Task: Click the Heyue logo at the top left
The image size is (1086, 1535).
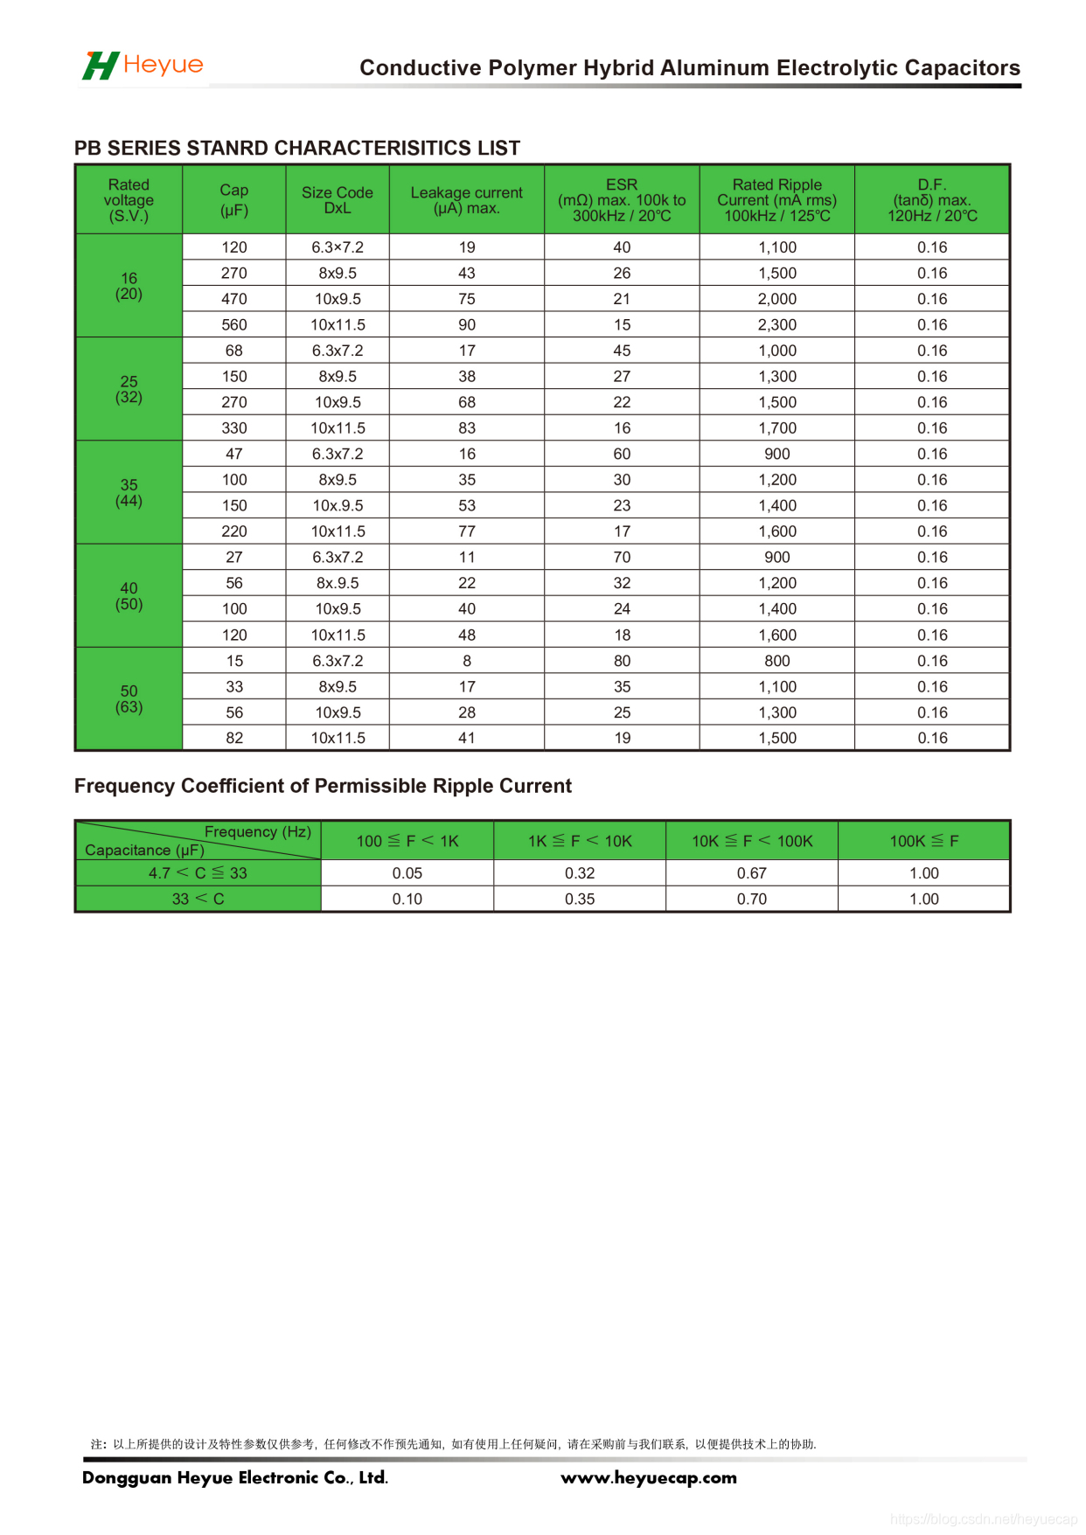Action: [x=143, y=66]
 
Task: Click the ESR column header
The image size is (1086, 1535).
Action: [x=622, y=200]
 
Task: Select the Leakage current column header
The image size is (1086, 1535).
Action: [x=466, y=200]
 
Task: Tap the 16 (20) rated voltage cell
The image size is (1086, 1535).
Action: [x=129, y=286]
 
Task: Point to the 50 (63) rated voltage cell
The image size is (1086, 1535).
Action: [x=129, y=698]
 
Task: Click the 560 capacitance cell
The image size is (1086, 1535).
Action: [x=234, y=325]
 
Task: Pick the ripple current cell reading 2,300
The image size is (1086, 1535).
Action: [x=776, y=325]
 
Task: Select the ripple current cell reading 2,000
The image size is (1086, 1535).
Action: [x=776, y=299]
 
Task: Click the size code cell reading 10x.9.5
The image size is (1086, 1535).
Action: [x=338, y=505]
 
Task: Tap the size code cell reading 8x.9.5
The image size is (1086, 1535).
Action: [x=338, y=583]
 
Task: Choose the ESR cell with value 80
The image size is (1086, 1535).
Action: [x=622, y=661]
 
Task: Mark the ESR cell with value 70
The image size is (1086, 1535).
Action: [x=622, y=557]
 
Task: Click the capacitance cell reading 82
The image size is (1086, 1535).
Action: [x=234, y=738]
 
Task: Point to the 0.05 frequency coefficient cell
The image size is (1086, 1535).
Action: [x=407, y=873]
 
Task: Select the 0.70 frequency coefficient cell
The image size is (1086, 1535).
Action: [x=751, y=899]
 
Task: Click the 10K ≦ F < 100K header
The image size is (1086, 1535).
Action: [x=752, y=841]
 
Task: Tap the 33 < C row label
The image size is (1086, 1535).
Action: [x=198, y=899]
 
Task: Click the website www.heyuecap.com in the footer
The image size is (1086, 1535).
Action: [x=648, y=1477]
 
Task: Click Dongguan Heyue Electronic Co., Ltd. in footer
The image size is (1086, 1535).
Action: [x=235, y=1477]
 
